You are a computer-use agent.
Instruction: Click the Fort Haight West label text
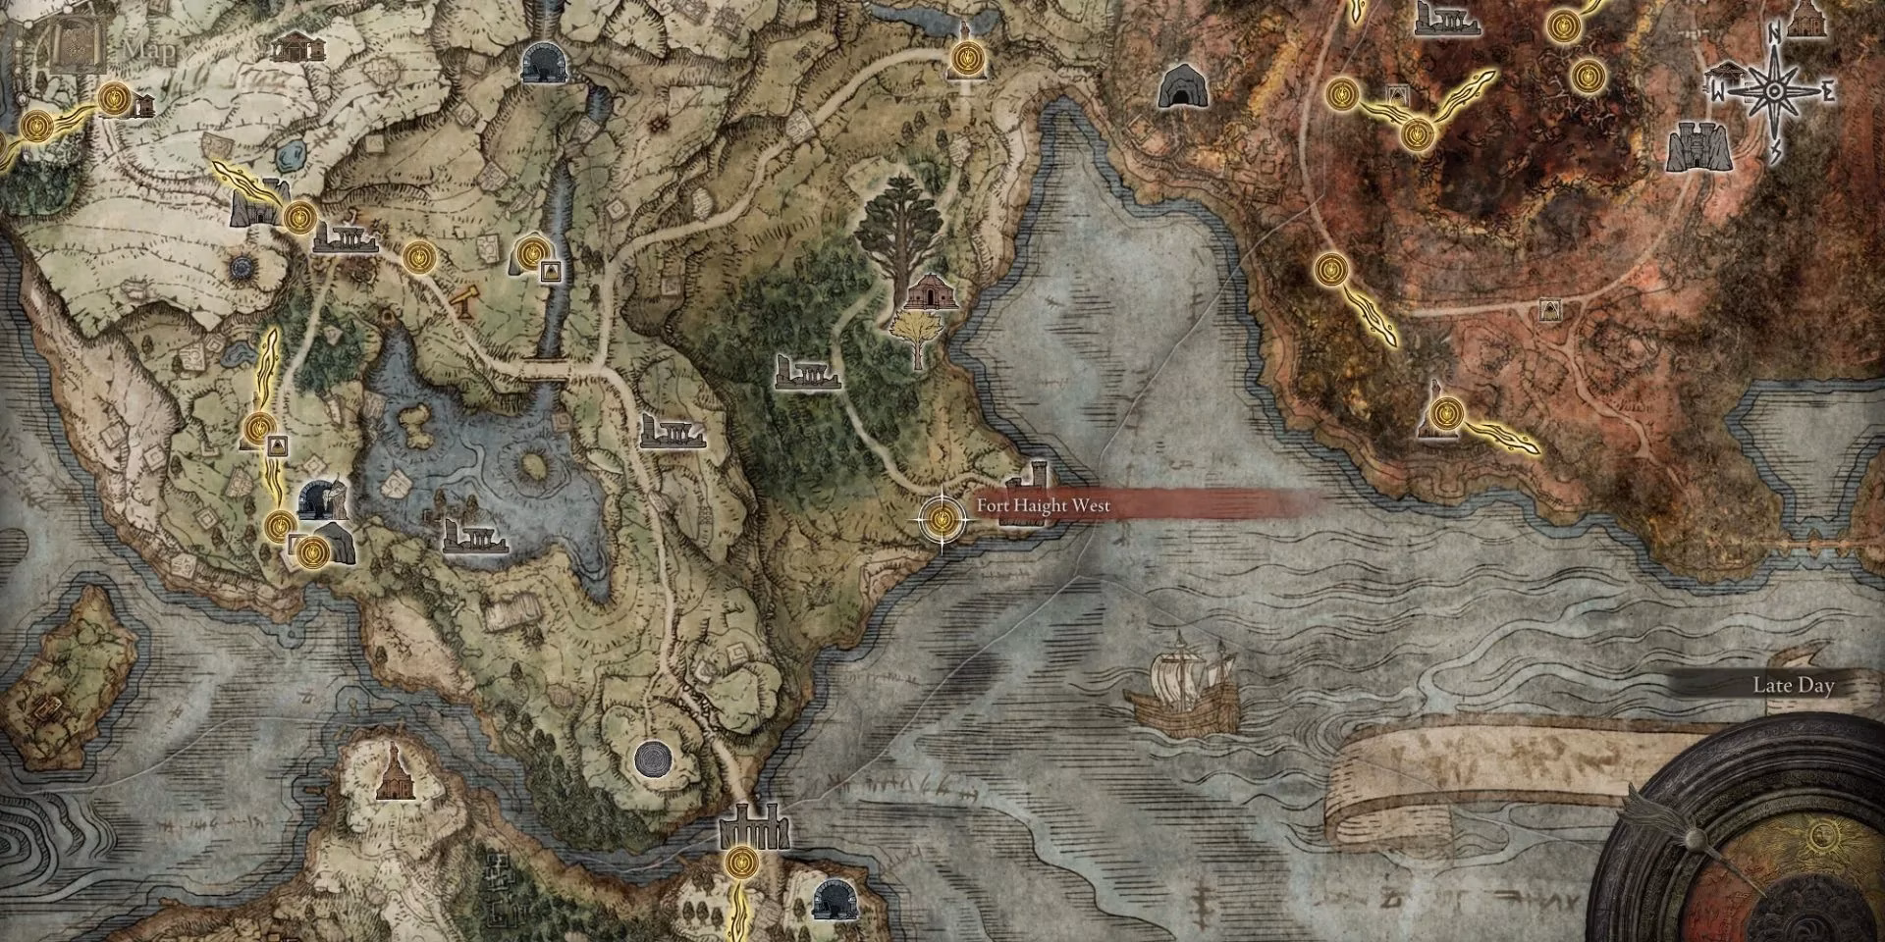(x=1043, y=506)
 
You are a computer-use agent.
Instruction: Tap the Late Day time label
(x=1793, y=686)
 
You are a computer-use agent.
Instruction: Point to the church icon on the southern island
(x=396, y=771)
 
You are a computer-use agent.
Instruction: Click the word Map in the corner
(x=149, y=49)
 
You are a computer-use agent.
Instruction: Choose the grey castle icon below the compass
(x=1696, y=148)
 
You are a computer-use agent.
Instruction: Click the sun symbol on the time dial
(x=1823, y=836)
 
